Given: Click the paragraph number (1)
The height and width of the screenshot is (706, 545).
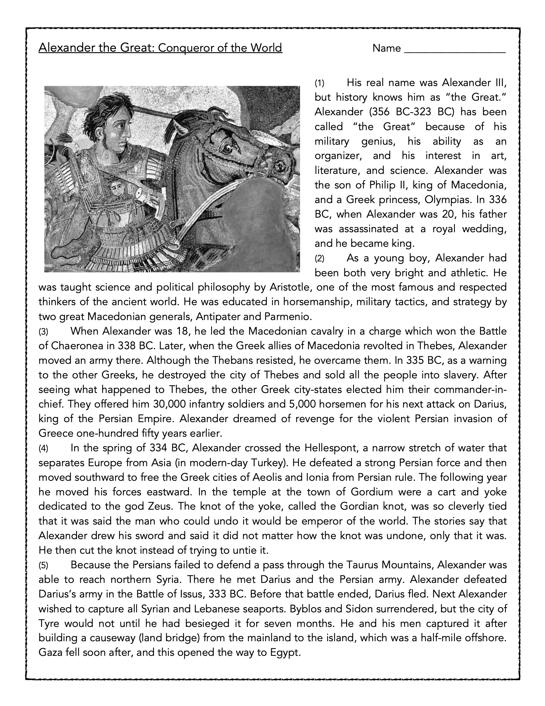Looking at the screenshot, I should coord(320,83).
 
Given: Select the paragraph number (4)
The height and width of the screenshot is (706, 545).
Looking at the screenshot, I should coord(43,449).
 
